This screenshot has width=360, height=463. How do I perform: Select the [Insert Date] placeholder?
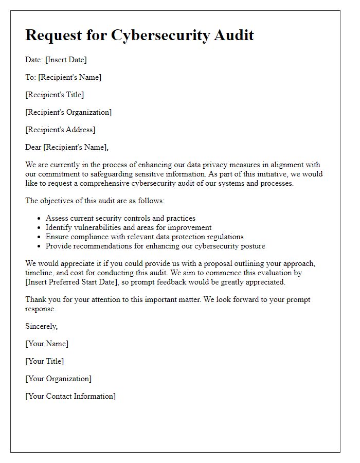pos(66,60)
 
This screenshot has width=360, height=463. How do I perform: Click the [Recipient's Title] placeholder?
pos(55,95)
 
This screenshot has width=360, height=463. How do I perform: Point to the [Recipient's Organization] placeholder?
pos(68,112)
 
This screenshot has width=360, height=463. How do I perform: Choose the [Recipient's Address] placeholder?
pos(60,130)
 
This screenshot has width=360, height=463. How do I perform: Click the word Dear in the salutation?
pos(33,147)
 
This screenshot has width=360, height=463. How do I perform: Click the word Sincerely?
pos(42,326)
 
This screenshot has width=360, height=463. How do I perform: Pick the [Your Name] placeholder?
pos(47,344)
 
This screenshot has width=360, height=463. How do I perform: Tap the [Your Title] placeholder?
pos(45,361)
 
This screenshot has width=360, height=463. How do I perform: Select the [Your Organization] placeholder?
pos(59,379)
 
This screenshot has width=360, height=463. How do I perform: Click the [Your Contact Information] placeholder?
pos(70,396)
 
